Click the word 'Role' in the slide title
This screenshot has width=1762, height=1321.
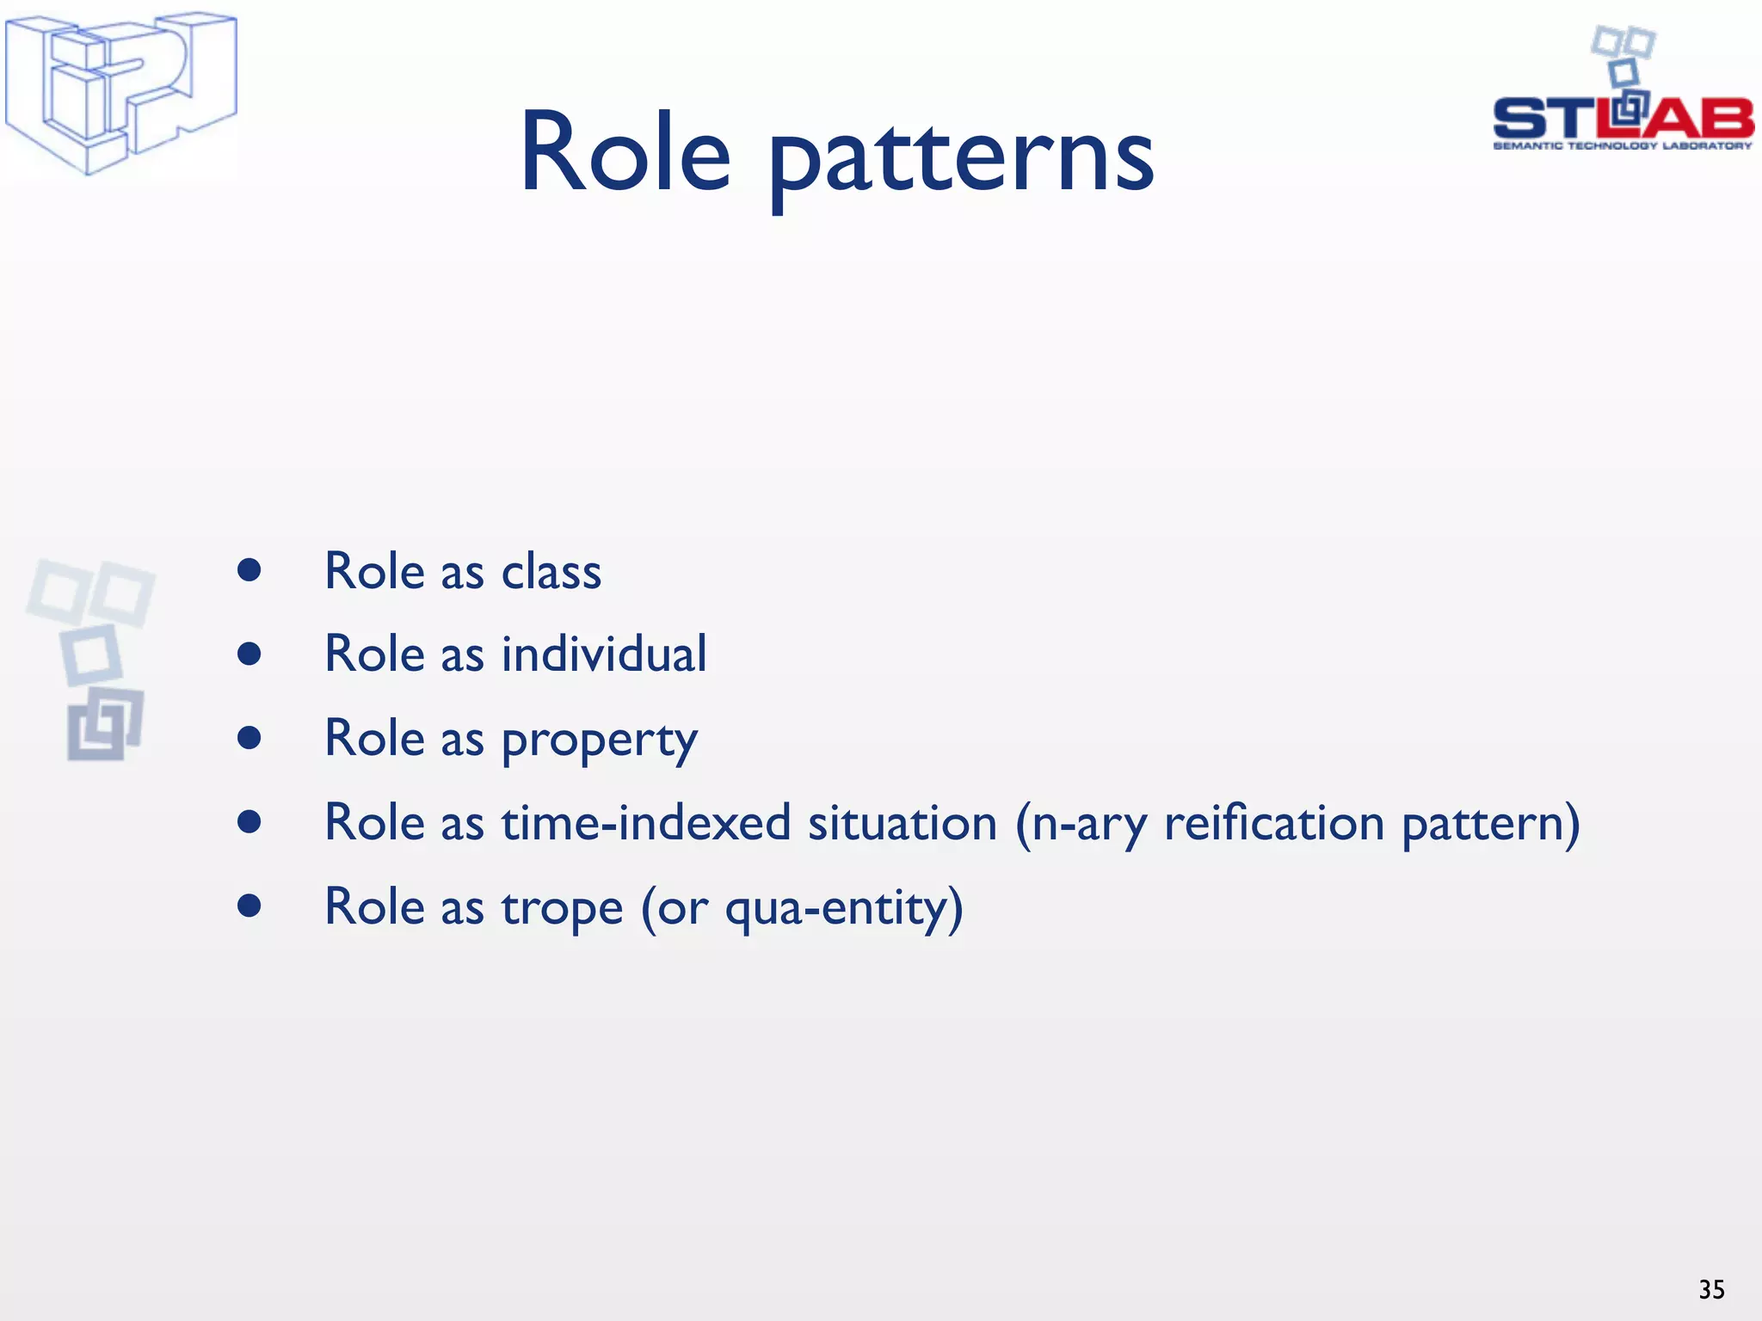pos(625,153)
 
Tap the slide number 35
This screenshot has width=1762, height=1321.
pos(1711,1289)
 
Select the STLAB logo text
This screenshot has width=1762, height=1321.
pos(1623,118)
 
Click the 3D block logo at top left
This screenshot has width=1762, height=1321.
pos(120,92)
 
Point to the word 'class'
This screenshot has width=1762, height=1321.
pos(551,572)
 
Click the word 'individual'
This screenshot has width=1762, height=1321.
pos(604,654)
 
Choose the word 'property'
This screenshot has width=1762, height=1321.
pos(599,740)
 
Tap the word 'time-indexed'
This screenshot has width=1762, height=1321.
pos(645,822)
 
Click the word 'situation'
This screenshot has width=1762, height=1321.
pos(902,822)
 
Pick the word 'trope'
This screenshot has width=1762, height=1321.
pos(562,907)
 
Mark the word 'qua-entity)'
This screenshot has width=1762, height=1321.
pos(843,907)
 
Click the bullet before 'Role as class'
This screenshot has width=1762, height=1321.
pos(250,570)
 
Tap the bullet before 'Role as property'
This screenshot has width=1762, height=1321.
pos(250,738)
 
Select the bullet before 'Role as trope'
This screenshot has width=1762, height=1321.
pos(250,906)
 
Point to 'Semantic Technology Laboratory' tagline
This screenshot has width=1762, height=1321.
pos(1623,146)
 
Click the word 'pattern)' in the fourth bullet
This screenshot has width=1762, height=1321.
pos(1490,824)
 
